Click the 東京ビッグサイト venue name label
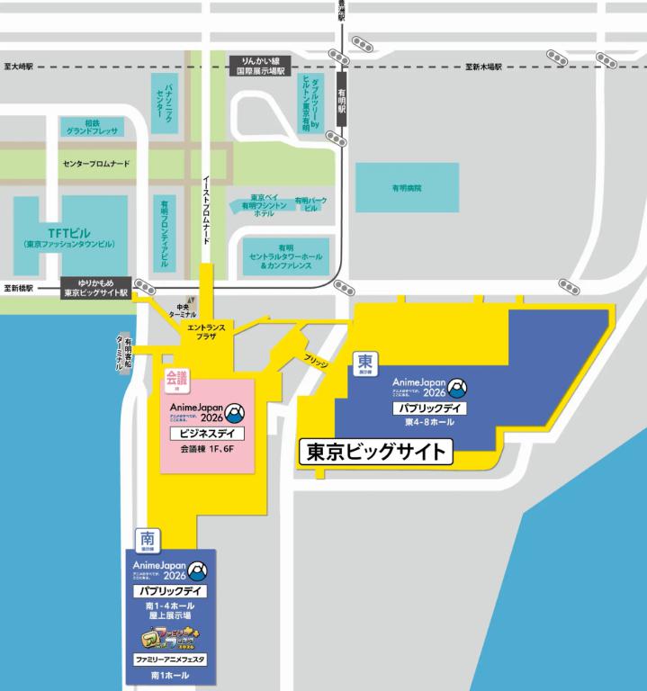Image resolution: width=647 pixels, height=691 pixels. [376, 452]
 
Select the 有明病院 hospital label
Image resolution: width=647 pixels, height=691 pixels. [406, 189]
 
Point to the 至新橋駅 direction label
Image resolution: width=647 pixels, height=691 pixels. [19, 289]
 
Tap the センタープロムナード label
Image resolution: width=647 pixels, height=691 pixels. [96, 166]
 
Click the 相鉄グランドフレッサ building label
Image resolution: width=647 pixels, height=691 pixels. [93, 126]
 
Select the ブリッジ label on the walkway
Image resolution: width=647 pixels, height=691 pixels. [317, 360]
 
